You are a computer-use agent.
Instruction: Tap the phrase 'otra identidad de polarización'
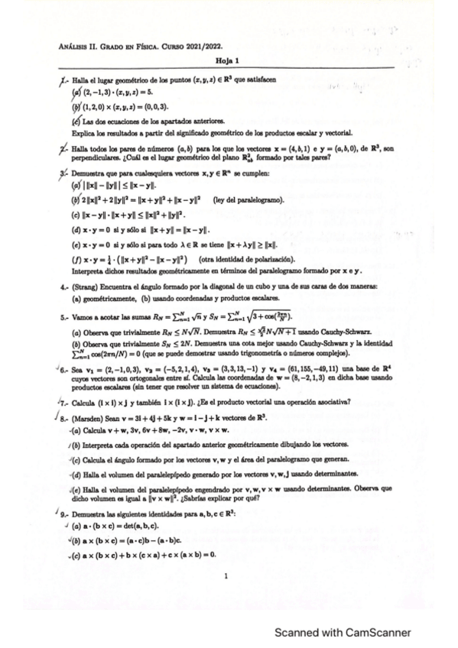(x=237, y=259)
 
